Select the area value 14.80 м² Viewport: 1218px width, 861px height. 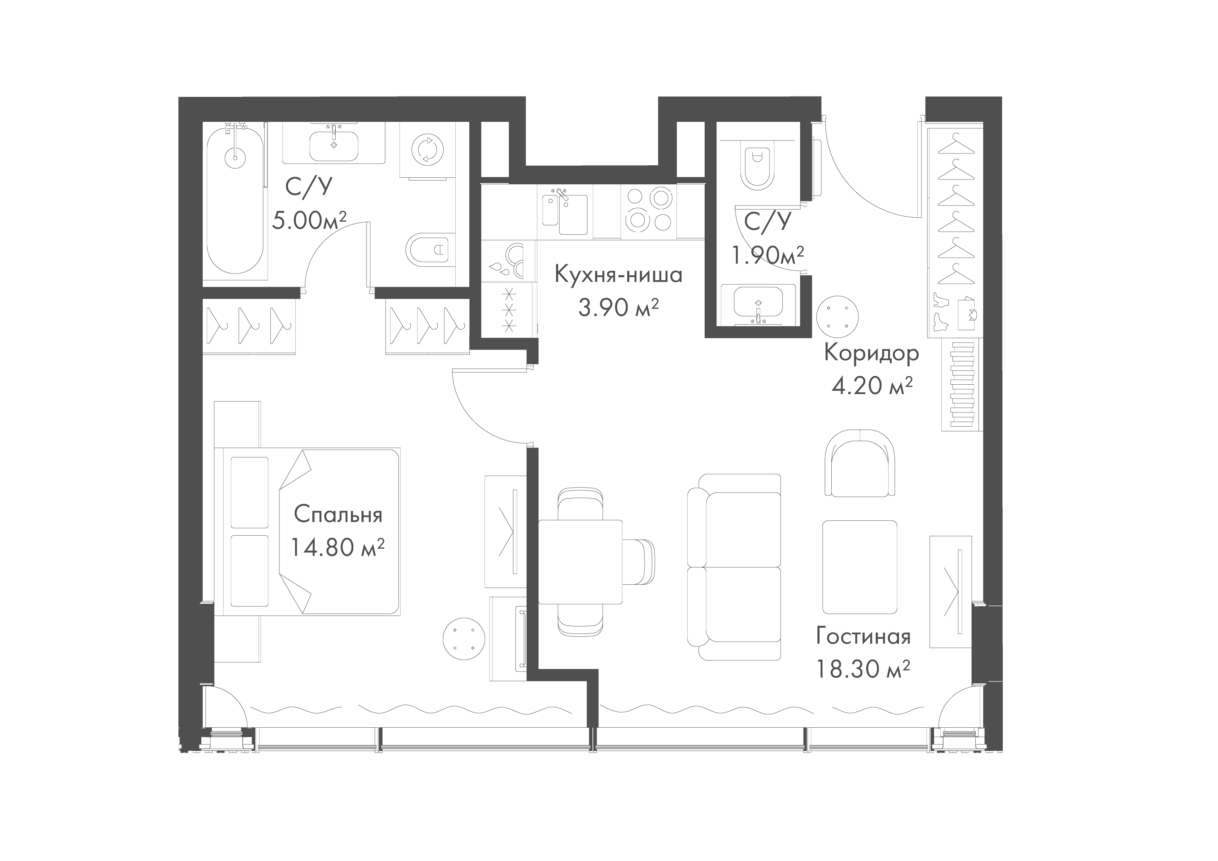[x=337, y=547]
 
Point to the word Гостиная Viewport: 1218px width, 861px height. [x=863, y=637]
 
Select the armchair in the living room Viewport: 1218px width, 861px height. [x=860, y=462]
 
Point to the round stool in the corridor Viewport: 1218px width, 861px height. [x=837, y=316]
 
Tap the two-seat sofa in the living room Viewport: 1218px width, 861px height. [x=734, y=567]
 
